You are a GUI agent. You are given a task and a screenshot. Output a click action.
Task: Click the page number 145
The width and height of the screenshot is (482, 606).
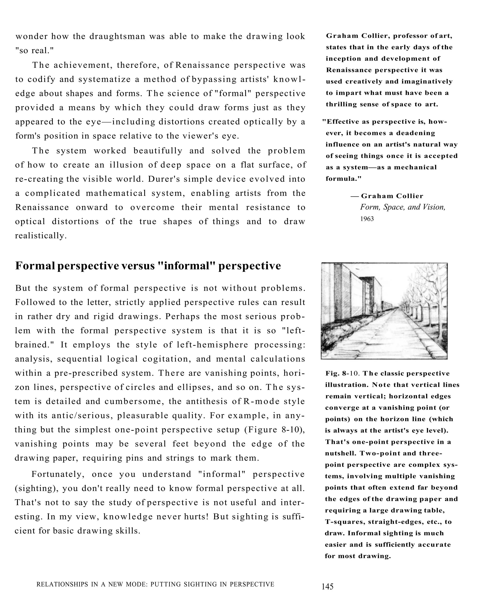tap(327, 587)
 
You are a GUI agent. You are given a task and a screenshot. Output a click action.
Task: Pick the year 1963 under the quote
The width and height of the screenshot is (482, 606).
tap(367, 219)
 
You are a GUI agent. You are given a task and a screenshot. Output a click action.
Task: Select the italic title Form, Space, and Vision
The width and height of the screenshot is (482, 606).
tap(402, 207)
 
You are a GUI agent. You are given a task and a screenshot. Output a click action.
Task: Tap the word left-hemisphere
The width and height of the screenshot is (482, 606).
tap(213, 345)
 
